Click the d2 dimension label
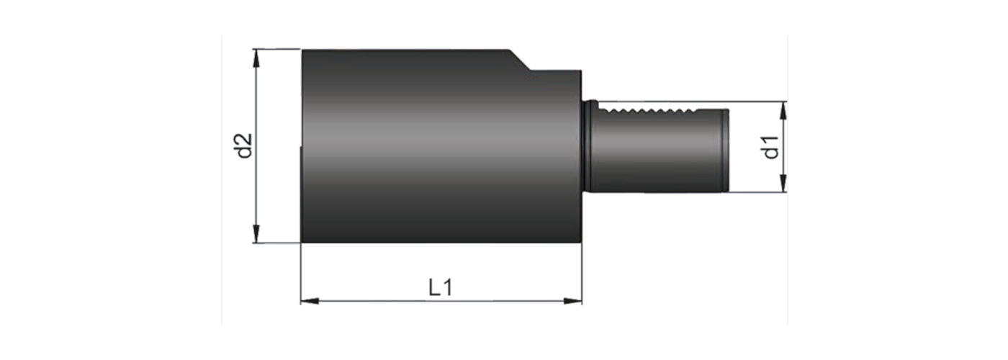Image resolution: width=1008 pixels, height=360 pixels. (x=245, y=146)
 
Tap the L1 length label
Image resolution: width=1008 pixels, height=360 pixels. (x=440, y=288)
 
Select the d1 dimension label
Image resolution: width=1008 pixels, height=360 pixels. (x=771, y=147)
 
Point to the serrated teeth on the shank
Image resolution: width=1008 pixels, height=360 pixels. (x=648, y=111)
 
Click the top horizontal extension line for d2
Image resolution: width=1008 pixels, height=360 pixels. (x=277, y=49)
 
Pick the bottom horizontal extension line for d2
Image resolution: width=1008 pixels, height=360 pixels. (x=277, y=243)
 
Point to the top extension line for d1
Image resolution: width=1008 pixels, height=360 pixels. (x=756, y=102)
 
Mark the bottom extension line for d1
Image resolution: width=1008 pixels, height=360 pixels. (x=756, y=192)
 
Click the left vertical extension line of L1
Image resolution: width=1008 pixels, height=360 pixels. (x=300, y=274)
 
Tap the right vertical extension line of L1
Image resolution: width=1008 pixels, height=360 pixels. (x=582, y=274)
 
